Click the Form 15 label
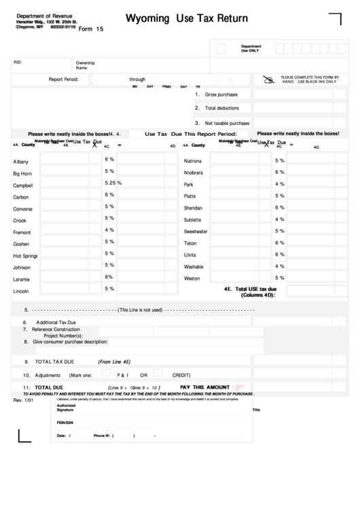click(x=91, y=29)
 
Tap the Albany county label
click(x=21, y=162)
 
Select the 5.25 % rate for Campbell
click(x=113, y=183)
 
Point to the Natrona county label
click(x=193, y=161)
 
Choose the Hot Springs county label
click(x=25, y=256)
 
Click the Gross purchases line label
click(x=221, y=94)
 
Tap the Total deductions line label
click(x=222, y=109)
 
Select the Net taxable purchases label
click(x=227, y=124)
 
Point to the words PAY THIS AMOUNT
click(x=204, y=387)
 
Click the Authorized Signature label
click(x=66, y=408)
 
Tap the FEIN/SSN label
click(x=65, y=422)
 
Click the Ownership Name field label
click(x=86, y=65)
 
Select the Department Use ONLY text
click(x=251, y=48)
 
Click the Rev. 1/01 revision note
click(x=23, y=400)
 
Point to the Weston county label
click(x=192, y=279)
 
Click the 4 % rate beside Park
click(x=279, y=183)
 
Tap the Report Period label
click(x=63, y=80)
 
